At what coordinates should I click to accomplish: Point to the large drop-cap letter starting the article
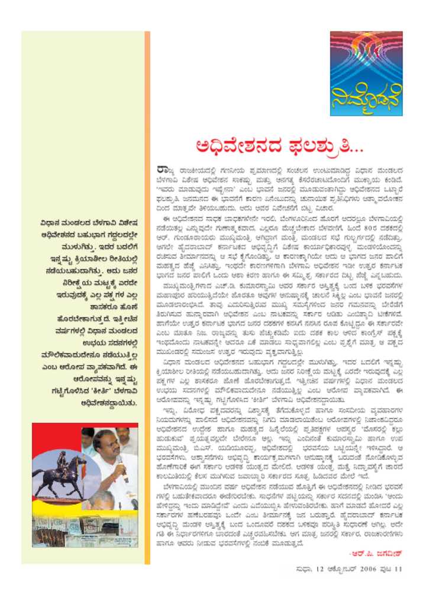point(163,172)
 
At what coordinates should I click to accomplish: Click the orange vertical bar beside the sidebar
point(147,296)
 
